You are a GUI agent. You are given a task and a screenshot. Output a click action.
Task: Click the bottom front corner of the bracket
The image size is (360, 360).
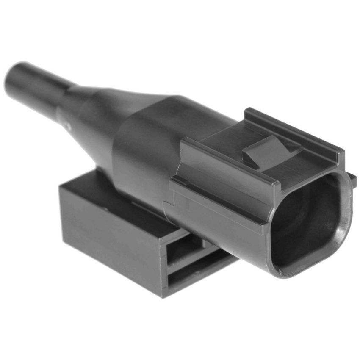(163, 294)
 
